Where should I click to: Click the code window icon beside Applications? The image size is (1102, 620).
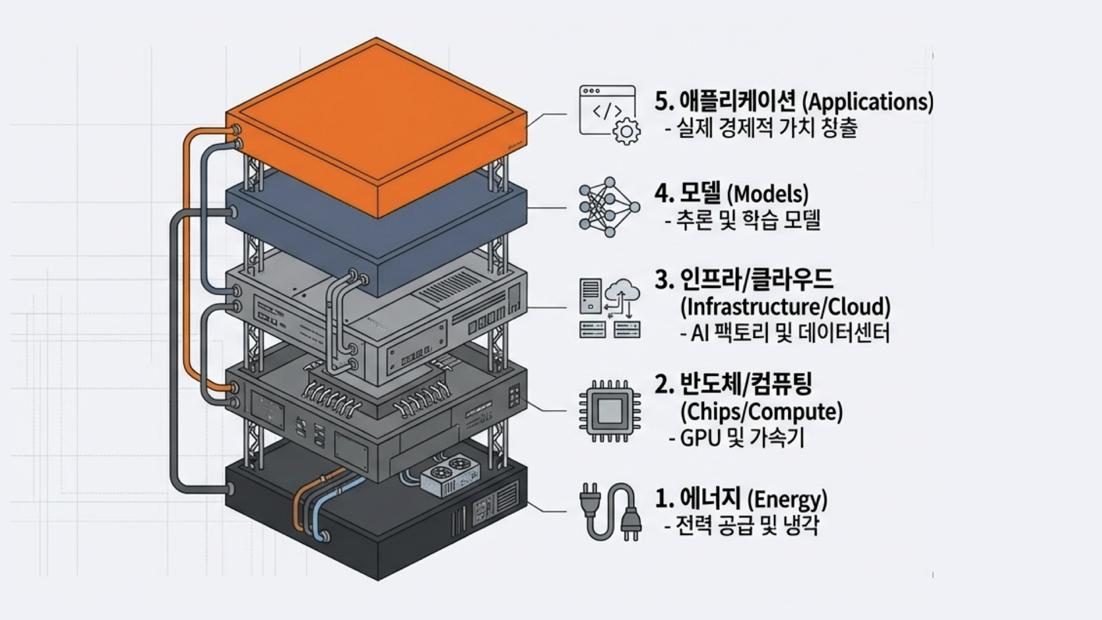click(x=607, y=112)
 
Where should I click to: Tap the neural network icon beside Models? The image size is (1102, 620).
click(x=608, y=207)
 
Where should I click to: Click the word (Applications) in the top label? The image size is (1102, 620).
click(x=867, y=102)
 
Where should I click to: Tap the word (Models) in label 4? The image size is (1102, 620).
click(x=768, y=195)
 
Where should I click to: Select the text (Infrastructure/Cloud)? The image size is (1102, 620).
click(x=785, y=307)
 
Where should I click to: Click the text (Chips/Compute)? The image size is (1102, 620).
click(x=761, y=412)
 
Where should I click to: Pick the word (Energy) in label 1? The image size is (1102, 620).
click(x=787, y=499)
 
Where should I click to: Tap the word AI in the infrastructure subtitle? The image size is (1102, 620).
click(x=700, y=333)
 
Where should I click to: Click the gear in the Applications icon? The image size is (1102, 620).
click(x=626, y=131)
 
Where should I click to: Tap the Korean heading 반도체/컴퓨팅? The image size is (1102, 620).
click(x=733, y=385)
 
